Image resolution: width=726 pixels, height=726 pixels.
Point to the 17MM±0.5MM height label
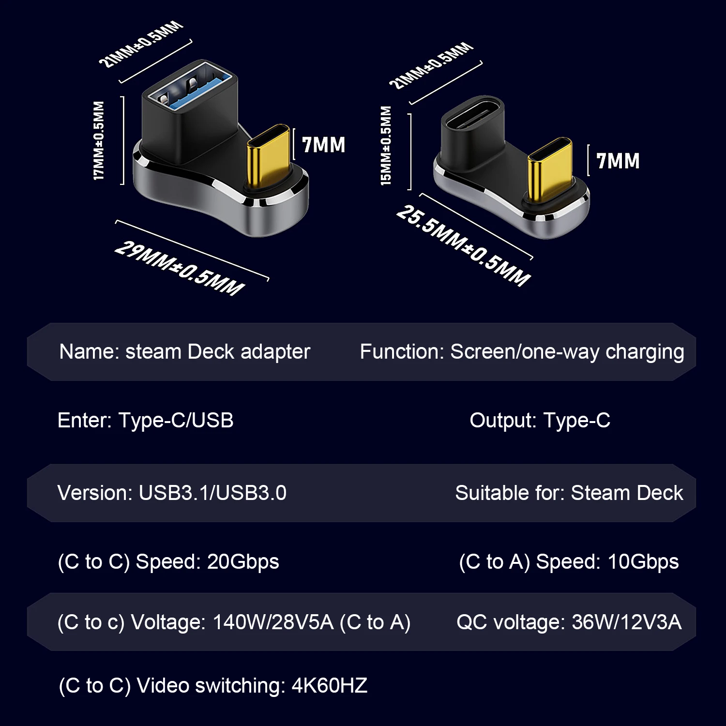(x=99, y=140)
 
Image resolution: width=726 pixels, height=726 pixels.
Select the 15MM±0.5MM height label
(x=386, y=146)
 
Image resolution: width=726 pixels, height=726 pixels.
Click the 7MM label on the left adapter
(x=323, y=145)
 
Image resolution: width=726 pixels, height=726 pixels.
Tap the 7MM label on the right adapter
(x=618, y=161)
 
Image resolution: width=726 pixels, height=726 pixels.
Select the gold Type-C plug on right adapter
(x=549, y=169)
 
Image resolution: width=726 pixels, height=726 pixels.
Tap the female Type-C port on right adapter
(x=473, y=115)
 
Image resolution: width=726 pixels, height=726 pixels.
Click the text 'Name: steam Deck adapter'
(x=184, y=352)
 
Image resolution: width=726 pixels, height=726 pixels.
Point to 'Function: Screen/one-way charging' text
(x=522, y=352)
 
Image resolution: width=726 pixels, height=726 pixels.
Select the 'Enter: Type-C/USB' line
(x=145, y=421)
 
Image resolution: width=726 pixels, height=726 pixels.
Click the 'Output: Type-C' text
(x=540, y=421)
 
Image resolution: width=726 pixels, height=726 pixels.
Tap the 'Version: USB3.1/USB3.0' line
(x=172, y=493)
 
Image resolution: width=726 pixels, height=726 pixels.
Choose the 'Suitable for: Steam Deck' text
(x=569, y=493)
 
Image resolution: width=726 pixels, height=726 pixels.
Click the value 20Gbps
(x=243, y=562)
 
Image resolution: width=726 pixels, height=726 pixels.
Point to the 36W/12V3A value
(x=626, y=622)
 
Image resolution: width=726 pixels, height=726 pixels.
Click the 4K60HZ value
(x=329, y=686)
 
